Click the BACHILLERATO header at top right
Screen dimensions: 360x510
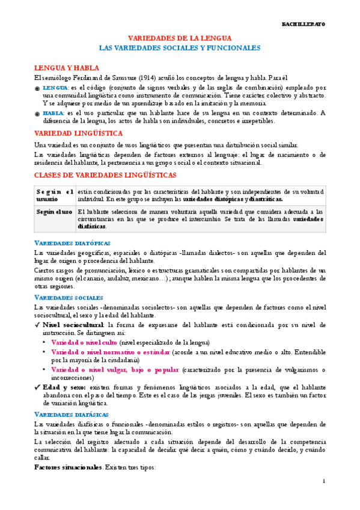click(304, 25)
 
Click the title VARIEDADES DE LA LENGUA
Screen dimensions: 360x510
click(179, 37)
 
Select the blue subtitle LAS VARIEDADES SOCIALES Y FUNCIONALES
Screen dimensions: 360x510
click(179, 48)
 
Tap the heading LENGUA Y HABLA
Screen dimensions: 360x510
click(66, 68)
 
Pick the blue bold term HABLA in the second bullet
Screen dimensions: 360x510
click(53, 112)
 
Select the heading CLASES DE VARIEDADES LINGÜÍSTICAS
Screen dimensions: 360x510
click(105, 175)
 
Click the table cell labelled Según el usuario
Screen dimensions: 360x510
click(54, 195)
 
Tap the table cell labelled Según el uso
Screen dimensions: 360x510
click(54, 212)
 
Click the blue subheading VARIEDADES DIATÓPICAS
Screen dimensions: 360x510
click(72, 243)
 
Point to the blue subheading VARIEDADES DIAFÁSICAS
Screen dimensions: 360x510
click(72, 416)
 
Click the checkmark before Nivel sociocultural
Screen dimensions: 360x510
click(37, 325)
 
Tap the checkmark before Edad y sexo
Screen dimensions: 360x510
click(37, 388)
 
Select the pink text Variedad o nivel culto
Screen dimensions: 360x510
click(84, 342)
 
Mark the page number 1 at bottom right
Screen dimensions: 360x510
click(324, 481)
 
